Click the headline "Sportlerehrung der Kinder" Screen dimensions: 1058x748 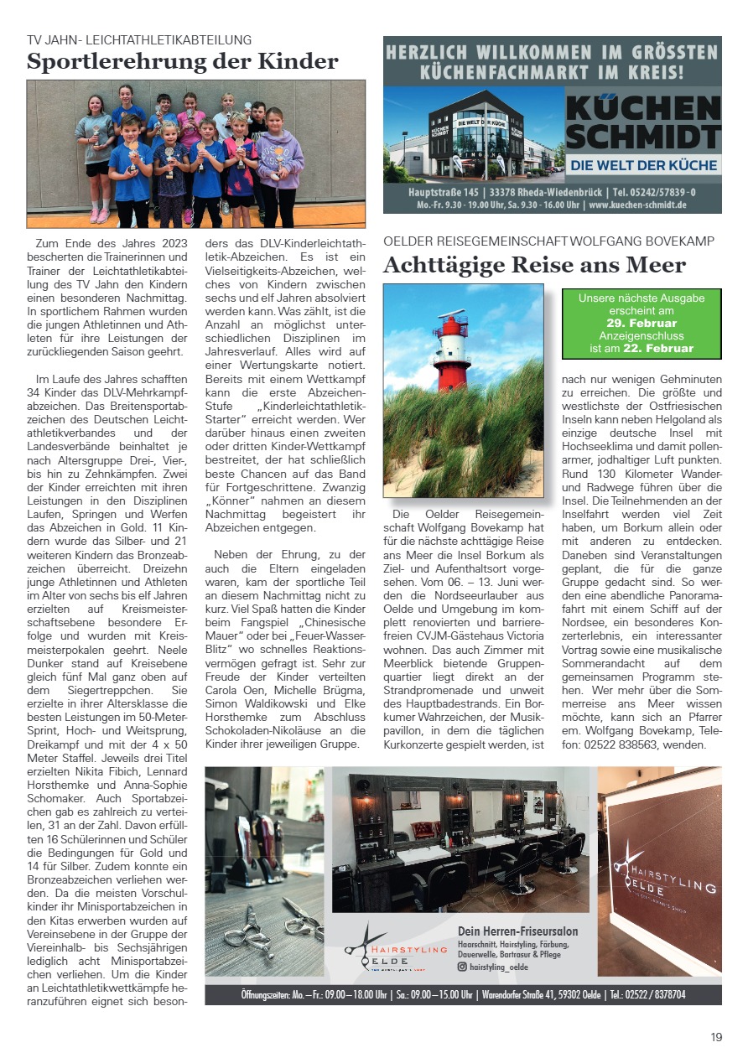[x=183, y=62]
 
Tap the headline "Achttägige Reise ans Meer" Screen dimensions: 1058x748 [x=534, y=266]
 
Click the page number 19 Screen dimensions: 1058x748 [x=716, y=1037]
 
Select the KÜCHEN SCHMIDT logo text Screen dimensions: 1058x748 [x=642, y=122]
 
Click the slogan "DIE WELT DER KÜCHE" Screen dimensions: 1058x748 [x=644, y=166]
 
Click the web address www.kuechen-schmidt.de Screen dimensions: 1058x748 [x=637, y=205]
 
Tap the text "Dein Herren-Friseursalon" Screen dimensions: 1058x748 [x=517, y=931]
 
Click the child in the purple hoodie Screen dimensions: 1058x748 [x=280, y=163]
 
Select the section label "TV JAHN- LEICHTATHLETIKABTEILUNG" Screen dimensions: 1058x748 [x=139, y=39]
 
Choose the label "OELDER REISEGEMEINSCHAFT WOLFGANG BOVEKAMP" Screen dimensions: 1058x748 [x=549, y=241]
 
